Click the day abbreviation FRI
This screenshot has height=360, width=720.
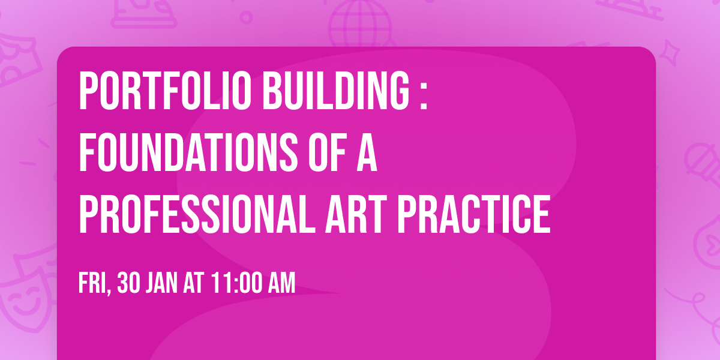point(92,283)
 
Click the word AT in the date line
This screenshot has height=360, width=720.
point(194,283)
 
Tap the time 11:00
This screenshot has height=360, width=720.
point(236,283)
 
